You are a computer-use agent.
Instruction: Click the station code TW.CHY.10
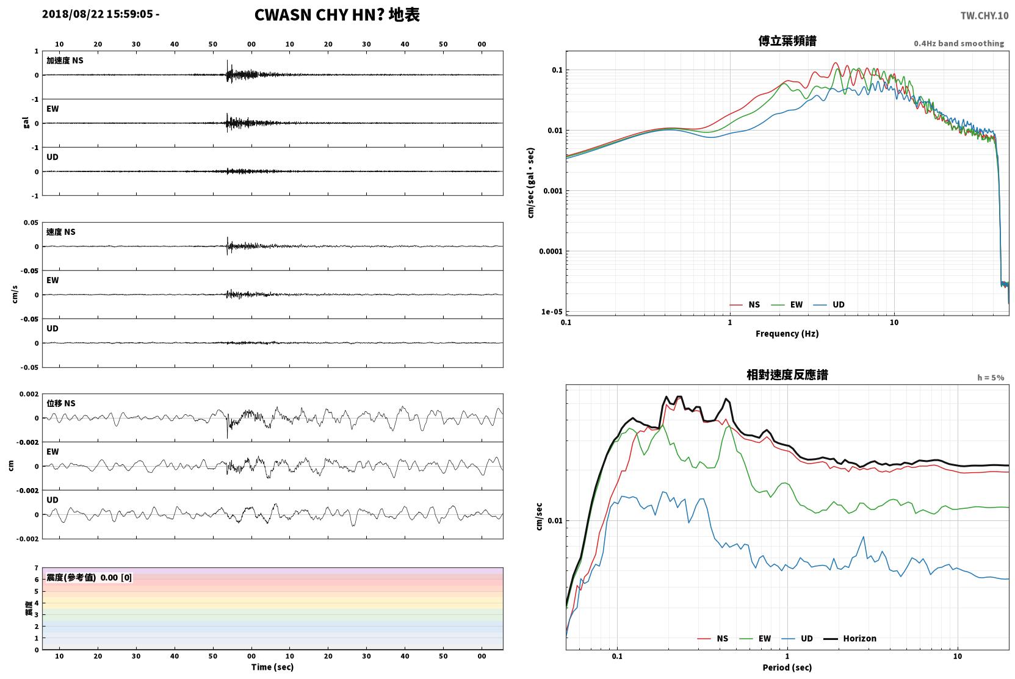[x=984, y=16]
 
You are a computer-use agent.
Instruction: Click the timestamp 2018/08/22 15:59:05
[x=98, y=14]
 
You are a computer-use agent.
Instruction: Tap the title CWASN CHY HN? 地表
[x=337, y=15]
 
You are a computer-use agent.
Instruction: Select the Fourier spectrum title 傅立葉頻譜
[x=787, y=41]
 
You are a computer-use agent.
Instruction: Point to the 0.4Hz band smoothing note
[x=959, y=43]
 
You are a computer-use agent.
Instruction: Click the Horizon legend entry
[x=850, y=638]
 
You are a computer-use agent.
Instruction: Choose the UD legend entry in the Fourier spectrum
[x=829, y=304]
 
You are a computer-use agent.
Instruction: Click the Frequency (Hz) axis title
[x=787, y=334]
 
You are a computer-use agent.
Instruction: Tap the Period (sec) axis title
[x=787, y=667]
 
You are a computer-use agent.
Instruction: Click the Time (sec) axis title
[x=272, y=667]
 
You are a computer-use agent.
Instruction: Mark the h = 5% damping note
[x=991, y=378]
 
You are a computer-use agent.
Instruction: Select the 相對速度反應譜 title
[x=787, y=375]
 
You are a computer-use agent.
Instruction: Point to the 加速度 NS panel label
[x=65, y=60]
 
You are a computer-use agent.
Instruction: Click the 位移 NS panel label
[x=60, y=403]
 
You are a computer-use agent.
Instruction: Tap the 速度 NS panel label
[x=60, y=232]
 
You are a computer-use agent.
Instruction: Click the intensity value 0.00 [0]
[x=116, y=578]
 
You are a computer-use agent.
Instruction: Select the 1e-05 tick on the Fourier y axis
[x=552, y=312]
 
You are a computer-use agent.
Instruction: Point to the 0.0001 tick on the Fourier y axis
[x=551, y=251]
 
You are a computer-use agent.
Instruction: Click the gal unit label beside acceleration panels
[x=26, y=123]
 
